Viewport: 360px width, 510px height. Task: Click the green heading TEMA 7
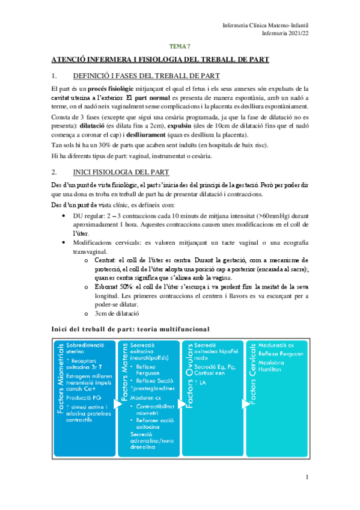tap(180, 45)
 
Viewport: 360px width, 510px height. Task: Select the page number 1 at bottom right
tap(307, 478)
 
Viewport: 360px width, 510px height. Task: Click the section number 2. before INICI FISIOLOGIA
tap(55, 172)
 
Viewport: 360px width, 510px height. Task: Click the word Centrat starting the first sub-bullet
tap(106, 260)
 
